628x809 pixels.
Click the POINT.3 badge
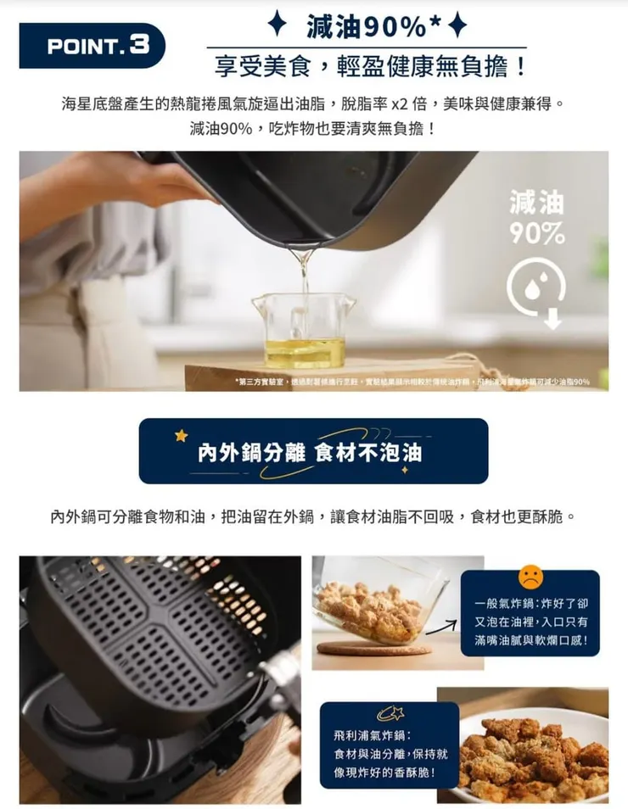click(x=92, y=46)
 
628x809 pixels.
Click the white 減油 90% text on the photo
click(x=536, y=217)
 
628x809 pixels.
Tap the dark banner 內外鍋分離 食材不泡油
click(x=313, y=452)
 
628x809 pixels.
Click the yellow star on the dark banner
click(x=181, y=436)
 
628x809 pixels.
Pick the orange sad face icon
click(x=530, y=577)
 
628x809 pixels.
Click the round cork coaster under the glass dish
click(x=373, y=649)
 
